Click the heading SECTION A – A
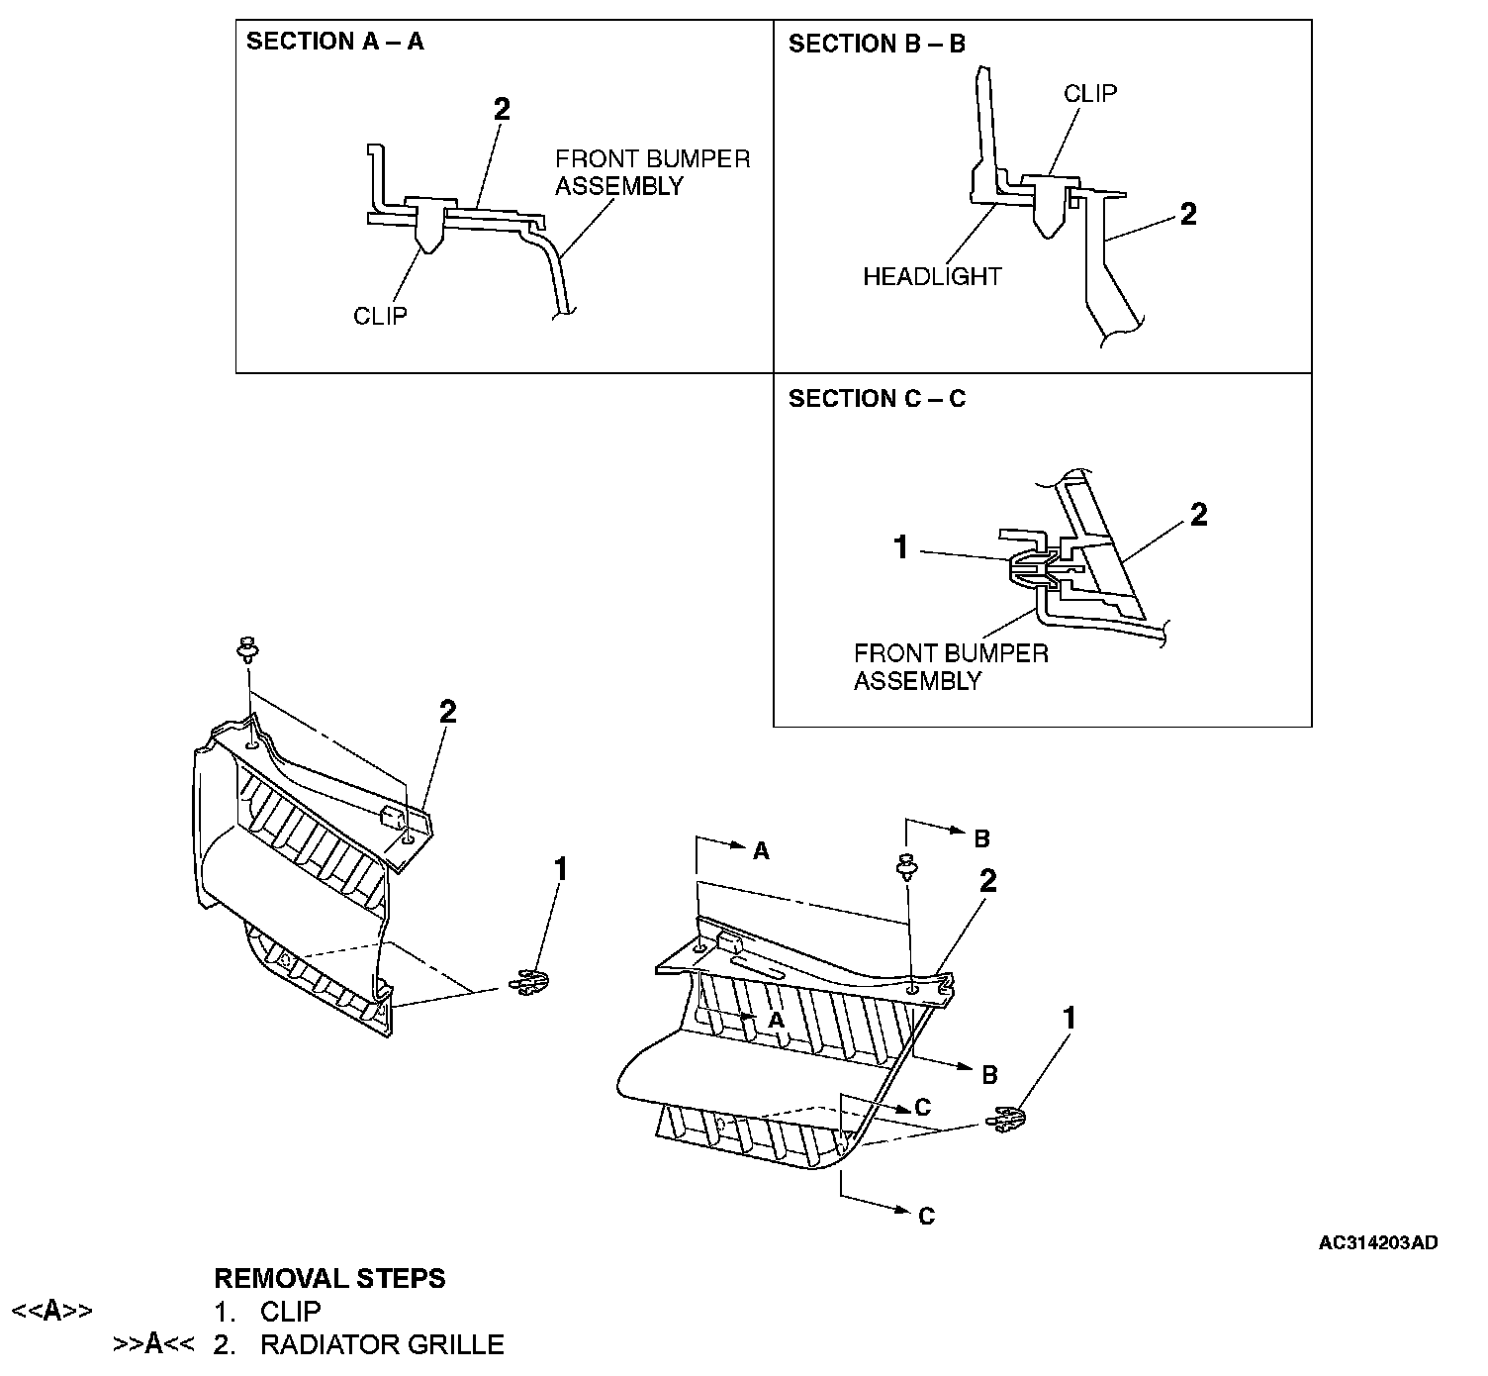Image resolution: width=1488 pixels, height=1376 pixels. tap(334, 42)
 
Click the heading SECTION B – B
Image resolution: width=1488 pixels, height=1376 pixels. tap(877, 44)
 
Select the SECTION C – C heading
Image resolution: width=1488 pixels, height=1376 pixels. tap(877, 399)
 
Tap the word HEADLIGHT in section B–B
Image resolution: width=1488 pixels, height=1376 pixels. tap(932, 277)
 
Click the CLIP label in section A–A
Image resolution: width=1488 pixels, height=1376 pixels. tap(380, 316)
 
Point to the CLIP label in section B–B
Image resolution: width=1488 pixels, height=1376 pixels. tap(1089, 93)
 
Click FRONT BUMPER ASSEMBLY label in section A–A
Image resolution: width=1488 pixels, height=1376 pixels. tap(652, 172)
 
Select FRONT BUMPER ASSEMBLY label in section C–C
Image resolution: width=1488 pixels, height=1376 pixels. tap(950, 666)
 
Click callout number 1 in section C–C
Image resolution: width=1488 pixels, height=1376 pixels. tap(900, 547)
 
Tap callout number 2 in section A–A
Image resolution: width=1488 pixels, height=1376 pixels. tap(502, 109)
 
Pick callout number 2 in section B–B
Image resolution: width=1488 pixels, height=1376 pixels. tap(1188, 214)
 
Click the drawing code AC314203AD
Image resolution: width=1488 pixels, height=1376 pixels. tap(1377, 1242)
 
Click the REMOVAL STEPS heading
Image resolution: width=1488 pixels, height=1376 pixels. tap(329, 1278)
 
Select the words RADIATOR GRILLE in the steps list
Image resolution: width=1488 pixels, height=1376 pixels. tap(382, 1344)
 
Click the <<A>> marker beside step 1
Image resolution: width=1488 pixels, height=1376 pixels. tap(51, 1311)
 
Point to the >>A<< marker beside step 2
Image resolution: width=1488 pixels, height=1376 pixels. tap(153, 1344)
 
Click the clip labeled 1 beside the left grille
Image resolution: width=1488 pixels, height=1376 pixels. tap(531, 982)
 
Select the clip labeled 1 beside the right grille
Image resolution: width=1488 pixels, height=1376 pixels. tap(1006, 1120)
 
